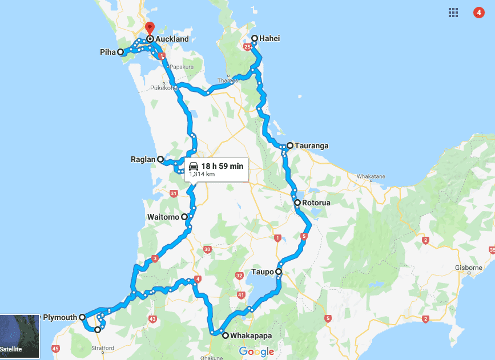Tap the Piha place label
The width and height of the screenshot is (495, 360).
coord(108,52)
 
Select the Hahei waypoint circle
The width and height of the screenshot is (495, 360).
coord(255,39)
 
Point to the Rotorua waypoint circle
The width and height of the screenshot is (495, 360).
coord(297,203)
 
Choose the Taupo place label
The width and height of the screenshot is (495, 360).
coord(262,272)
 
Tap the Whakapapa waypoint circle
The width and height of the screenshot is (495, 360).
coord(226,335)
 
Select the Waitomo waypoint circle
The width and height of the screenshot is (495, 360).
coord(184,217)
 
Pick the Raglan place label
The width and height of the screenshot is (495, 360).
coord(143,160)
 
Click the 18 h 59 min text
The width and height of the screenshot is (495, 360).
coord(223,166)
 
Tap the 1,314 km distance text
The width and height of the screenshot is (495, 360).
coord(202,175)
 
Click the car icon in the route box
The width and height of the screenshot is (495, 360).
coord(194,166)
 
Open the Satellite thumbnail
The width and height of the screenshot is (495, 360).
coord(19,335)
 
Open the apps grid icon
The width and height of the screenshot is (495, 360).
coord(453,13)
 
